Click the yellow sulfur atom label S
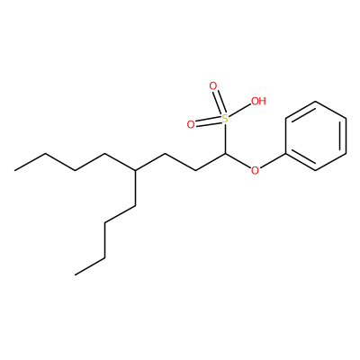coord(225,119)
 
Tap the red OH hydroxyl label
coord(258,101)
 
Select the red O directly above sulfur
coord(212,86)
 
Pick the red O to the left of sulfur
coord(191,124)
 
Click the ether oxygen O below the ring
coord(255,170)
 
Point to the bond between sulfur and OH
coord(239,111)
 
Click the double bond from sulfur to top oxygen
coord(219,103)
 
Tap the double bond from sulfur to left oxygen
coord(208,121)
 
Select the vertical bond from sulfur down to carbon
coord(225,139)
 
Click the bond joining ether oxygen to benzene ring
coord(273,160)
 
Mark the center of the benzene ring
coord(315,136)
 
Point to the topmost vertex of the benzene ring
coord(315,102)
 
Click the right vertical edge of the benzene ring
coord(346,136)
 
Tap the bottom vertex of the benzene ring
coord(315,170)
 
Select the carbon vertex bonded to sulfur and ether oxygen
coord(225,154)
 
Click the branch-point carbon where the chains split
coord(135,170)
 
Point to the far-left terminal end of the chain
coord(15,170)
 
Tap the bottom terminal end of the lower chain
coord(75,274)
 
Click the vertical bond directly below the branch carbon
coord(135,188)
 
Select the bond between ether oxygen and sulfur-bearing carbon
coord(238,161)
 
